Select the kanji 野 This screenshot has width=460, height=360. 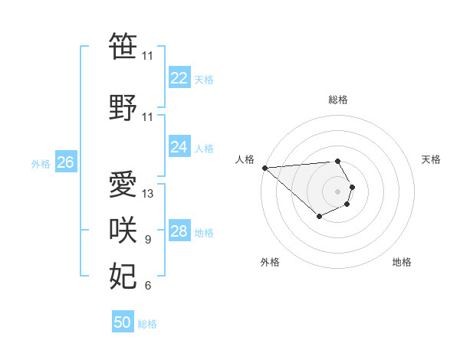[123, 107]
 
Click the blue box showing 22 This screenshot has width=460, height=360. [179, 78]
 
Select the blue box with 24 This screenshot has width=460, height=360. [179, 147]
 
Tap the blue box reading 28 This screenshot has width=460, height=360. [179, 231]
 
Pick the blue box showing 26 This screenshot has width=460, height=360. [65, 162]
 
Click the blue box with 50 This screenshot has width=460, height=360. [123, 322]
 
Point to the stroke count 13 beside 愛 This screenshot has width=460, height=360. [148, 194]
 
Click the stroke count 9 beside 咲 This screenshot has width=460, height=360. [148, 241]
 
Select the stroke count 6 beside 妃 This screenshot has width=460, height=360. [148, 286]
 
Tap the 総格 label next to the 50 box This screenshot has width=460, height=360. [147, 324]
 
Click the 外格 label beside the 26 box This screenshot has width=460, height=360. [40, 164]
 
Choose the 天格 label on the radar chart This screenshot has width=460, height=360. [431, 159]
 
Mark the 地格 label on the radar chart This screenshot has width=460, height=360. [402, 262]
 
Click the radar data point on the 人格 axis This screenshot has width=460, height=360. [264, 167]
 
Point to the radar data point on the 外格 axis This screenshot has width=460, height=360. [319, 218]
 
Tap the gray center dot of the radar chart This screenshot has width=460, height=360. [337, 191]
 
